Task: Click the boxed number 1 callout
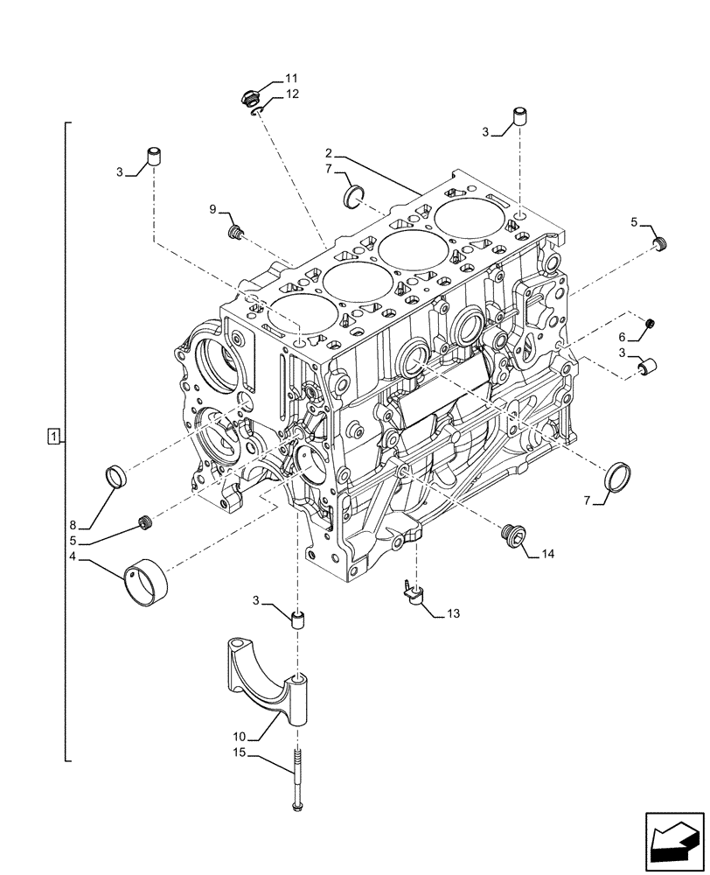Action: (54, 436)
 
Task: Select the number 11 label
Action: (291, 78)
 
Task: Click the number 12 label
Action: (291, 94)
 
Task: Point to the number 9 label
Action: (212, 209)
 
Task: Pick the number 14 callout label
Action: (547, 554)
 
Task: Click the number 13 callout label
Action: (451, 613)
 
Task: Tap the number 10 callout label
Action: (239, 737)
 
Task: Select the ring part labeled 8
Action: (116, 478)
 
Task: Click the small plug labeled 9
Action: (234, 232)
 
